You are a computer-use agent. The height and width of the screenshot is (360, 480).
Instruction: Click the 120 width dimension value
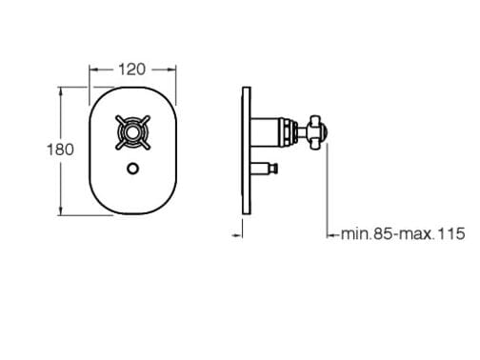coord(132,70)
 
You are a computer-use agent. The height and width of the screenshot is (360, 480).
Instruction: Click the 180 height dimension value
coord(60,150)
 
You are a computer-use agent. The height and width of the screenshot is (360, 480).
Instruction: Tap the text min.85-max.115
coord(403,234)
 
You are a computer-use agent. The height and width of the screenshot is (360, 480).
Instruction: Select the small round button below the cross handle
coord(133,169)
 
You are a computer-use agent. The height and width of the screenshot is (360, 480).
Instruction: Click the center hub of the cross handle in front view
coord(132,132)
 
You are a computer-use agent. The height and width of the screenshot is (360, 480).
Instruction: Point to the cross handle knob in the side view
coord(319,132)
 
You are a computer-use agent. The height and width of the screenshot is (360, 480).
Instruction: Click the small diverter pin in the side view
coord(265,168)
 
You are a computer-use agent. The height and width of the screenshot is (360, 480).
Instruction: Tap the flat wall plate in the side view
coord(247,150)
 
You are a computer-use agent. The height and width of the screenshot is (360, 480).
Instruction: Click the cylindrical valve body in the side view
coord(265,132)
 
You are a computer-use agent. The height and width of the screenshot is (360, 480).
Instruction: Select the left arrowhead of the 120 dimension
coord(93,70)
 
